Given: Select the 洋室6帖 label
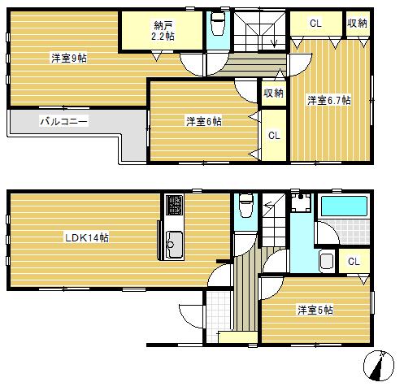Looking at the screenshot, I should click(x=203, y=121).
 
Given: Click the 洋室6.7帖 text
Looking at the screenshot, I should click(x=328, y=100).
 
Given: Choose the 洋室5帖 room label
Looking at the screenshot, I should click(x=315, y=310).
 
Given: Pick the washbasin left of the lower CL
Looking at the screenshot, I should click(x=327, y=262).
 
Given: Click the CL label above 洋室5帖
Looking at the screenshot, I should click(x=353, y=261).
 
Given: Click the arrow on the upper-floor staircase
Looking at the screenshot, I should click(x=273, y=41).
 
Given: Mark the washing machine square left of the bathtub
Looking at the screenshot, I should click(x=302, y=206).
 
